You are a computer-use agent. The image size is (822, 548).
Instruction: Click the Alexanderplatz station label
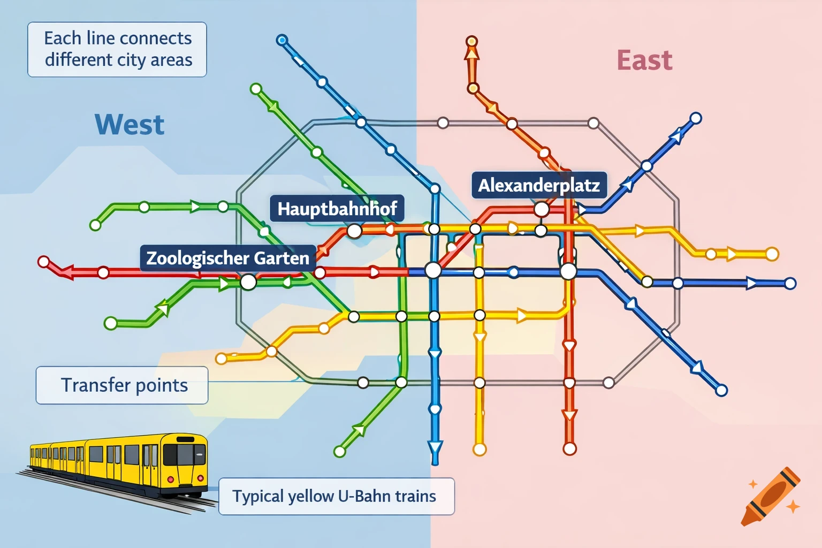(539, 185)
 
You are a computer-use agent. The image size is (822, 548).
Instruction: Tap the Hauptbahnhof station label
(337, 208)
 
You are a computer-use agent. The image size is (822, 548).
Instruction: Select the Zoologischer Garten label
(227, 258)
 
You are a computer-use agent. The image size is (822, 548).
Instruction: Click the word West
(130, 125)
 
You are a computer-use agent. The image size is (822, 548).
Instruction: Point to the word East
(644, 60)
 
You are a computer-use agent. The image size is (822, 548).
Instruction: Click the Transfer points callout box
(122, 385)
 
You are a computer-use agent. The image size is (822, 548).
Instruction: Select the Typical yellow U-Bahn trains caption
(336, 496)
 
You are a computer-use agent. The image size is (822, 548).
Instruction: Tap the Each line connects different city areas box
(117, 49)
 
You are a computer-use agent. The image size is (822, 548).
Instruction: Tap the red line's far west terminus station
(44, 262)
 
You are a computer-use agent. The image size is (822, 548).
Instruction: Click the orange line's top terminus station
(471, 41)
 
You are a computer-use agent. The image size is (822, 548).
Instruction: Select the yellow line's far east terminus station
(772, 254)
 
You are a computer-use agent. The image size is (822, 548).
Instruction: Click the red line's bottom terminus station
(569, 448)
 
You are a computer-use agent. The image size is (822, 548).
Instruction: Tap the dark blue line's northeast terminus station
(695, 118)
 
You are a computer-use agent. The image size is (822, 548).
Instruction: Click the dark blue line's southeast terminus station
(721, 391)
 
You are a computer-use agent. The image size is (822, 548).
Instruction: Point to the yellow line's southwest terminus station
(221, 359)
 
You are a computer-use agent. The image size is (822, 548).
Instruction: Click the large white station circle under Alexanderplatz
(542, 209)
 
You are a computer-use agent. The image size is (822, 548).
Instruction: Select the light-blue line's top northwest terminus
(282, 40)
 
